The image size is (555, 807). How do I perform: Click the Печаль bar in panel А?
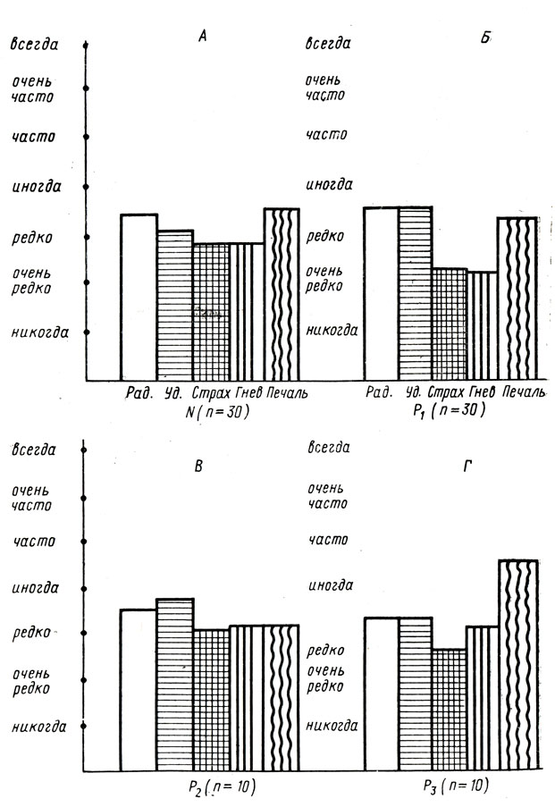pyautogui.click(x=282, y=295)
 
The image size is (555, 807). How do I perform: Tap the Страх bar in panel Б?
pyautogui.click(x=450, y=324)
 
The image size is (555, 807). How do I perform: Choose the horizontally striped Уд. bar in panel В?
pyautogui.click(x=174, y=684)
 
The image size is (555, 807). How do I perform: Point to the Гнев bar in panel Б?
pyautogui.click(x=483, y=326)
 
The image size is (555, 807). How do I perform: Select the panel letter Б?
pyautogui.click(x=485, y=39)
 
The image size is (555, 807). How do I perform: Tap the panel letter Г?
pyautogui.click(x=485, y=464)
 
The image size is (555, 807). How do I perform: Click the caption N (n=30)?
pyautogui.click(x=215, y=412)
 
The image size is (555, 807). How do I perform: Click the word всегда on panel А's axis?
pyautogui.click(x=35, y=43)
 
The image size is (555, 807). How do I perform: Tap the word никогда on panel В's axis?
pyautogui.click(x=40, y=727)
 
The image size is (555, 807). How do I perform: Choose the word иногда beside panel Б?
pyautogui.click(x=329, y=185)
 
